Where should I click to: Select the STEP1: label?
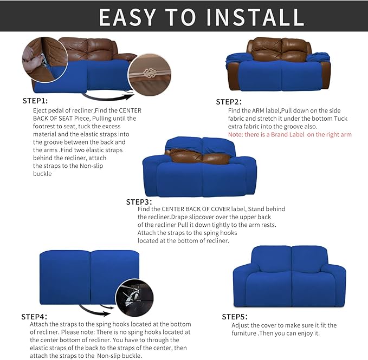pos(35,101)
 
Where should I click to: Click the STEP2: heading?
pos(229,102)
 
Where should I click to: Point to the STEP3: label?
pos(139,201)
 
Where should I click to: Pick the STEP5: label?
pos(235,317)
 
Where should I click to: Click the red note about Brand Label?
pos(290,134)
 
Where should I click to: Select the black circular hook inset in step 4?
pos(134,298)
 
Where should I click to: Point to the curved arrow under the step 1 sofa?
pos(108,97)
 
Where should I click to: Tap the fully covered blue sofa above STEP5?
pos(289,277)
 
